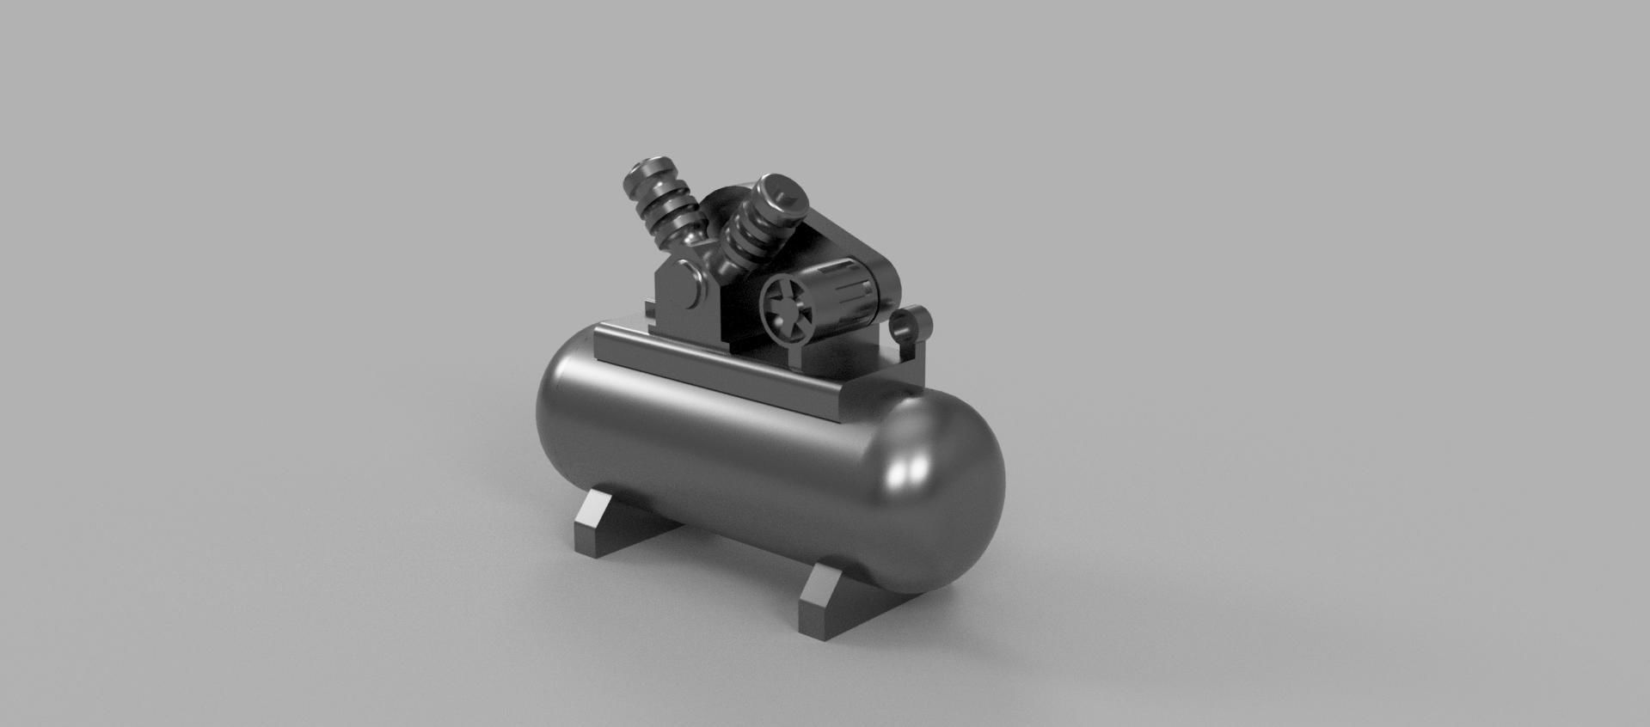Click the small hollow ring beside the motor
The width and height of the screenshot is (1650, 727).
[910, 325]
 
